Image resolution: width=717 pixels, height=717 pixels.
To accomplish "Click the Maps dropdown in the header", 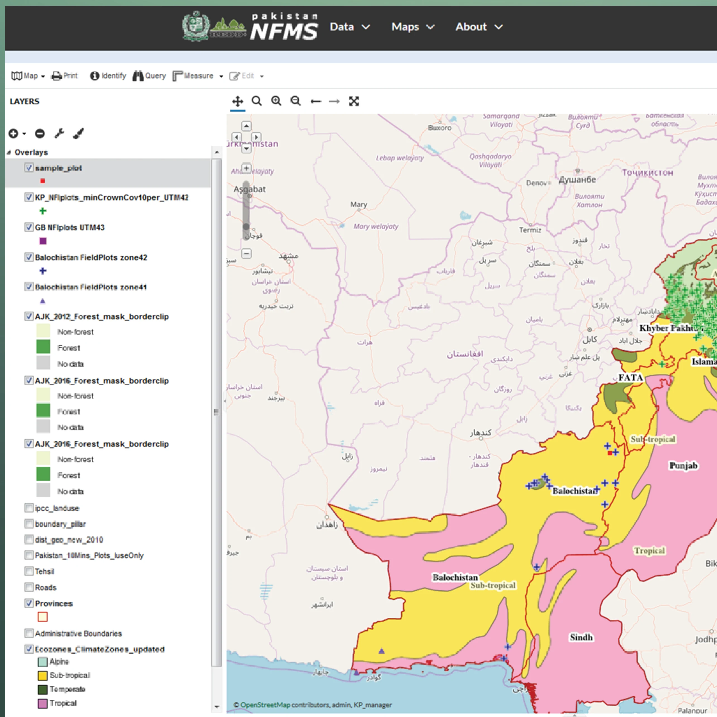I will point(412,27).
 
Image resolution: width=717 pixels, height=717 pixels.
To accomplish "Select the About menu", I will point(479,27).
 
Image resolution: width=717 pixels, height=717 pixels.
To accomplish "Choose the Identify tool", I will point(108,76).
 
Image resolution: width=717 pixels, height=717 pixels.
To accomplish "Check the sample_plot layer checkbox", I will point(28,167).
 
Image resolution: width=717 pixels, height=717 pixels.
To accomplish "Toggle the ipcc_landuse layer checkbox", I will point(28,507).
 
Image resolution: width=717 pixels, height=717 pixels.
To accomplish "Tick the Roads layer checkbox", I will point(28,587).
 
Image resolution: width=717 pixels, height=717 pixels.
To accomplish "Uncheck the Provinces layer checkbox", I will point(28,603).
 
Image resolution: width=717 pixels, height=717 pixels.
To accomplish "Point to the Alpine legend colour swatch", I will point(42,662).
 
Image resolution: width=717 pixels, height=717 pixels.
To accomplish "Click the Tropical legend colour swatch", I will point(42,704).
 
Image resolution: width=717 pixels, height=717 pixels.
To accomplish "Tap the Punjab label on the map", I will point(683,466).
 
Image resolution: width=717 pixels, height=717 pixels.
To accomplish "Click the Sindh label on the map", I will point(581,637).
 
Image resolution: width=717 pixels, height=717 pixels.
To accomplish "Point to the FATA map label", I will point(630,377).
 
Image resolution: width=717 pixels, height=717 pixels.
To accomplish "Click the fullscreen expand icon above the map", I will point(354,101).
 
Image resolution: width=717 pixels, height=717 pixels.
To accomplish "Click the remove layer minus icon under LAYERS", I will point(40,133).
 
